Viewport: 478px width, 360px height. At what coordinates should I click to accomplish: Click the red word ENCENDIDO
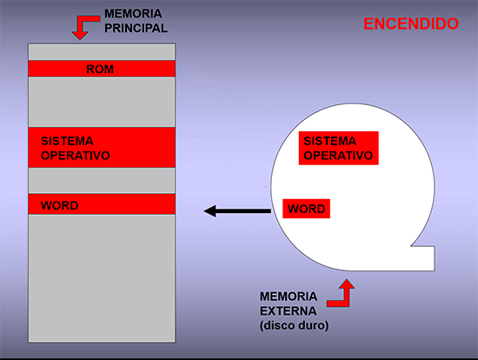(411, 23)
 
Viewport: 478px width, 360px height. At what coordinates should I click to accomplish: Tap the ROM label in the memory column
(100, 70)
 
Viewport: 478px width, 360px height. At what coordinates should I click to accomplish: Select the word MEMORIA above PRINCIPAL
(133, 14)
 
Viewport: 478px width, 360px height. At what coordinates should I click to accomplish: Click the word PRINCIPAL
(136, 29)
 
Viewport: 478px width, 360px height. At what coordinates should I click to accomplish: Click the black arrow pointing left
(237, 210)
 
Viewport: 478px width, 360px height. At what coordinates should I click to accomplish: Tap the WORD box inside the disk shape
(307, 209)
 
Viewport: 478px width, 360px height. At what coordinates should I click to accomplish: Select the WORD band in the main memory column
(102, 204)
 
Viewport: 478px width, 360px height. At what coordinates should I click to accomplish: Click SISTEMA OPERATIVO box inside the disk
(338, 149)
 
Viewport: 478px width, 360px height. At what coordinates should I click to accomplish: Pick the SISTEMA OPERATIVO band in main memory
(102, 148)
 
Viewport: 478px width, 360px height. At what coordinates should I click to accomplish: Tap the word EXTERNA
(288, 311)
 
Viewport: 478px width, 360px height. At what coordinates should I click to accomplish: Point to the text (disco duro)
(294, 325)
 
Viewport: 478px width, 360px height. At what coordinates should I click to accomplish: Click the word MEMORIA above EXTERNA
(289, 297)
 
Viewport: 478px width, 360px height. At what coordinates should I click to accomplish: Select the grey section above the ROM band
(102, 52)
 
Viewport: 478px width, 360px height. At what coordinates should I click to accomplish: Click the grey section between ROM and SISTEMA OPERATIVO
(102, 103)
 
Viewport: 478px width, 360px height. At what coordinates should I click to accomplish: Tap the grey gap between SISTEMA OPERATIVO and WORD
(102, 181)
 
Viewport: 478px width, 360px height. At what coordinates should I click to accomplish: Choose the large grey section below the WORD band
(102, 278)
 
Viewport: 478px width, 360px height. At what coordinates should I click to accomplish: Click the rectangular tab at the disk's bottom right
(423, 258)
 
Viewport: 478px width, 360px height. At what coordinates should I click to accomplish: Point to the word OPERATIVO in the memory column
(76, 156)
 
